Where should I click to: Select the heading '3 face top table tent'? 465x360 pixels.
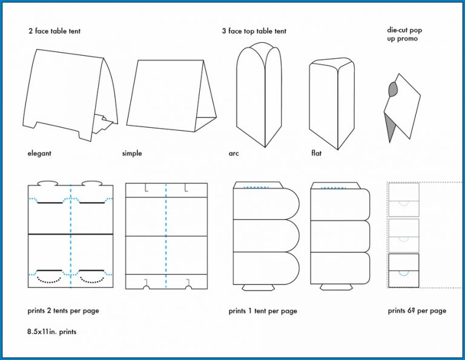click(x=254, y=31)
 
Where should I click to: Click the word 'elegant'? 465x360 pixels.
click(x=39, y=154)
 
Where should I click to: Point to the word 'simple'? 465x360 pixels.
click(x=132, y=154)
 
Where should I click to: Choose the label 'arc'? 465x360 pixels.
click(x=234, y=154)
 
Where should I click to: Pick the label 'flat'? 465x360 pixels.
click(x=316, y=154)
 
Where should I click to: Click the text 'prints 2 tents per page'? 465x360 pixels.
click(x=64, y=311)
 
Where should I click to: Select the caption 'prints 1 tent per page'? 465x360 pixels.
click(x=263, y=311)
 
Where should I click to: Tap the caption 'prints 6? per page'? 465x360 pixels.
click(x=417, y=311)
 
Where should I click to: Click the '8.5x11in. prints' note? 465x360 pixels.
click(x=52, y=332)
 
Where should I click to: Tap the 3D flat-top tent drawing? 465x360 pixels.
click(x=331, y=100)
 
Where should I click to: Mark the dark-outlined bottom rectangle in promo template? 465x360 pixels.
click(x=403, y=270)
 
